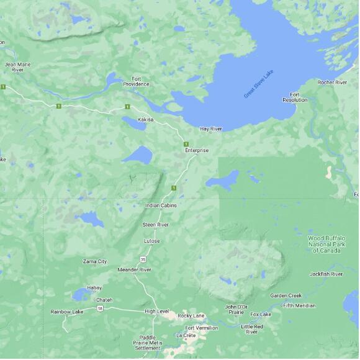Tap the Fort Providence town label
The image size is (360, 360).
pos(136,81)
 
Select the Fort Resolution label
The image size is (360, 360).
pos(295,97)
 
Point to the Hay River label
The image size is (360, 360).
pos(211,129)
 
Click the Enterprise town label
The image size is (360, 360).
pos(197,151)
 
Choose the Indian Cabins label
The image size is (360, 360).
pos(161,205)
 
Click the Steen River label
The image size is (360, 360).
pos(156,224)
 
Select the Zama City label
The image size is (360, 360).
pos(95,261)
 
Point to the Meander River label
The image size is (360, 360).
pos(135,270)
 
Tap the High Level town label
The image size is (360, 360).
pos(156,311)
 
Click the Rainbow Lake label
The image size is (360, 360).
pos(67,312)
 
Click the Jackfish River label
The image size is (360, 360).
pos(326,274)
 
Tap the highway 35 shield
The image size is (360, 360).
pos(143,259)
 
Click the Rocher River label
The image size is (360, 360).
pos(333,83)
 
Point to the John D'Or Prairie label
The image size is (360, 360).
pos(236,309)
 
